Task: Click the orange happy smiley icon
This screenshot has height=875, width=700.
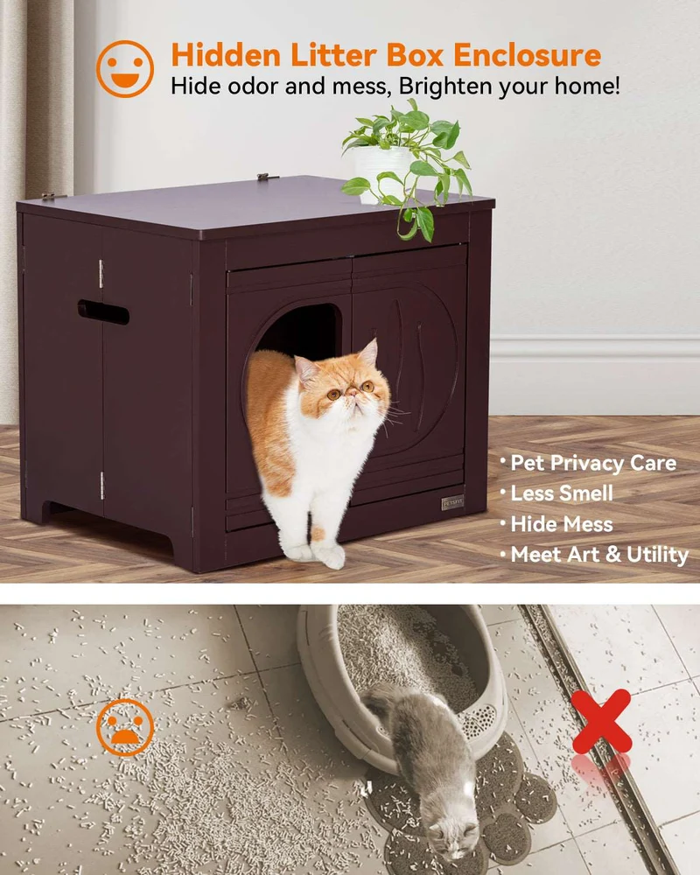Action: (x=124, y=68)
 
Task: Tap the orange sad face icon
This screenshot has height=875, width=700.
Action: (x=124, y=727)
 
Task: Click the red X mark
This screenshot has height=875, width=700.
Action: (x=601, y=721)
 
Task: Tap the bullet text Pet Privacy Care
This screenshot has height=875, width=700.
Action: (x=593, y=463)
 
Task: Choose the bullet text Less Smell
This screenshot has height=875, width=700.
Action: (x=562, y=493)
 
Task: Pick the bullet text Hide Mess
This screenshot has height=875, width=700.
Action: (x=562, y=524)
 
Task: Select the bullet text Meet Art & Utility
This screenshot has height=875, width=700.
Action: (x=599, y=555)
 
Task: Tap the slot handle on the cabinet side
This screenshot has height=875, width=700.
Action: (x=103, y=312)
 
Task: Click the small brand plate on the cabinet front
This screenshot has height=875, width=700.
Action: (x=452, y=503)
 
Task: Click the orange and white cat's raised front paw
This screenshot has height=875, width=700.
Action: (x=329, y=556)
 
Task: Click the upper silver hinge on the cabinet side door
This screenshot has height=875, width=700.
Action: (x=101, y=274)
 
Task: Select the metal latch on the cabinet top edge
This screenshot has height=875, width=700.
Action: (x=268, y=177)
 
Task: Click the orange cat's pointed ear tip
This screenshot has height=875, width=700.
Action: (x=373, y=341)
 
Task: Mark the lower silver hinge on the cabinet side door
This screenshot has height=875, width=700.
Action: (x=101, y=486)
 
